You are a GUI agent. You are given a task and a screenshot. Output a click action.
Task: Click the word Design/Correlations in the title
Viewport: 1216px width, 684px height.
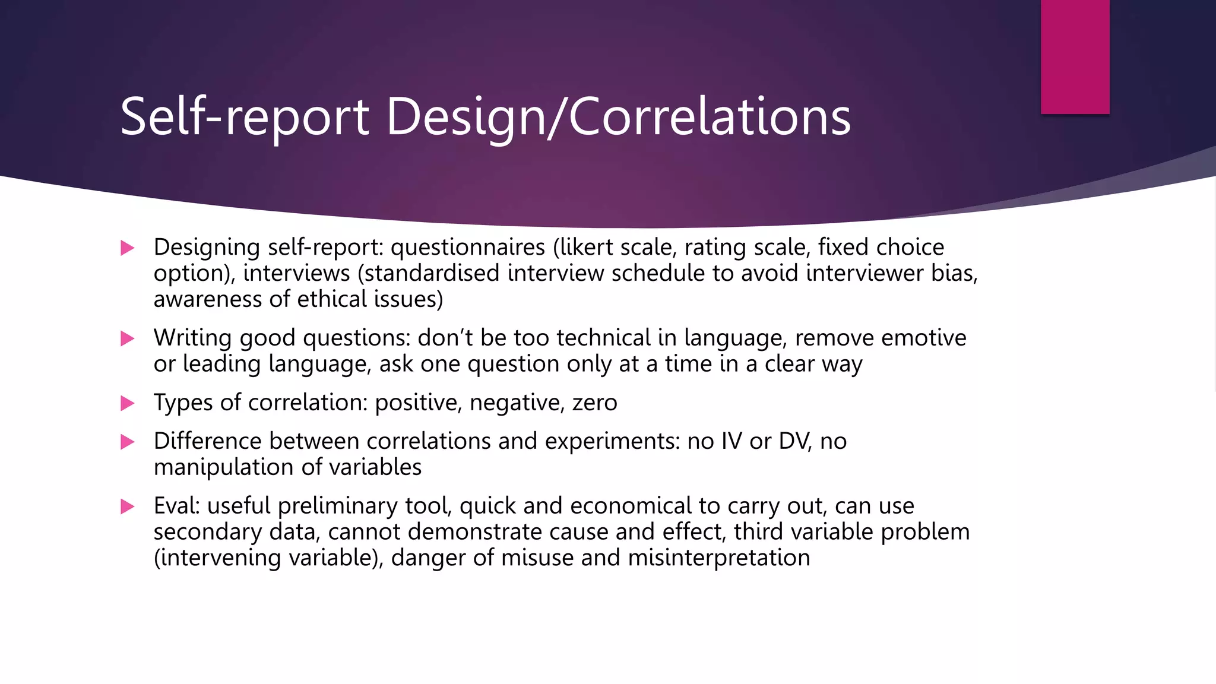619,117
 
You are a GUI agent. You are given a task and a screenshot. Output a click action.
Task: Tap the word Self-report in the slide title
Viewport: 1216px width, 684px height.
245,117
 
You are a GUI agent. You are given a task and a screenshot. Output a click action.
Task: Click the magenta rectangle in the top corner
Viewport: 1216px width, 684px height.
1075,56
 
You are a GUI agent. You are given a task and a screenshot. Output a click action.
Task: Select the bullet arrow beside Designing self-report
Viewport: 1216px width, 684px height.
127,248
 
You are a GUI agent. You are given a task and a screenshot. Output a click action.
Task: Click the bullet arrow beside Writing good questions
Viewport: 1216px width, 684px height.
127,338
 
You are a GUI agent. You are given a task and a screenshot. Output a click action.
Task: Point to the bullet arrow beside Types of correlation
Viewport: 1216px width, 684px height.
127,403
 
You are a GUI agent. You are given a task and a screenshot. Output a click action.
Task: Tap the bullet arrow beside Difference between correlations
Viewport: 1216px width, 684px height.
127,442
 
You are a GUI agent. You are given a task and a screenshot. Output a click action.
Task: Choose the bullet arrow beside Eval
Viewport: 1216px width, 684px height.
127,506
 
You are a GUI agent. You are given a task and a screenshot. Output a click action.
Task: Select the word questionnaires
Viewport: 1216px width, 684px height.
468,247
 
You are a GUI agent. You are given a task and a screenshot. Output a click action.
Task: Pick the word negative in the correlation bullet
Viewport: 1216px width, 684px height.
516,403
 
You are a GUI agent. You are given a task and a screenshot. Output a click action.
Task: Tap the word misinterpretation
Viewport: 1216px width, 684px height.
719,558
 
